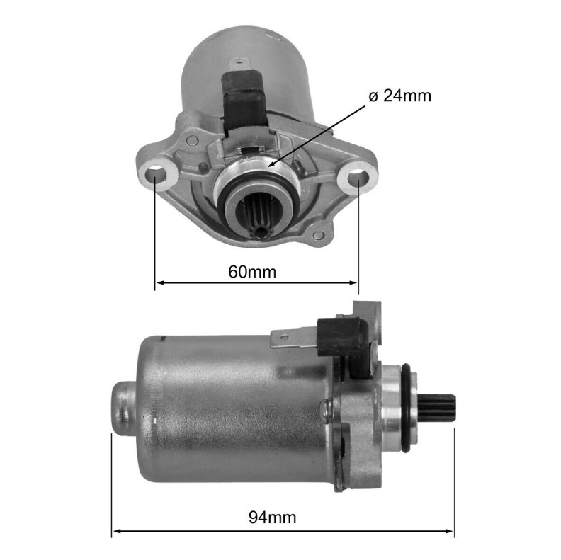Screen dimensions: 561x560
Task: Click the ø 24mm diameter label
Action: coord(399,96)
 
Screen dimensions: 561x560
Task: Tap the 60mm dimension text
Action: coord(252,272)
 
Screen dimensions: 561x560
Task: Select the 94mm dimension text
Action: coord(272,518)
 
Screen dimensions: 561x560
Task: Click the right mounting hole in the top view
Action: coord(358,176)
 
